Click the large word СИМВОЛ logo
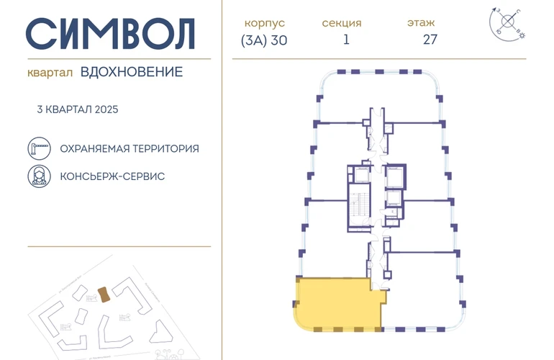tap(112, 32)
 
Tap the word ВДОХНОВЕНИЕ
tap(132, 71)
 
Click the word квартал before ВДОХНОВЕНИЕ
tap(49, 72)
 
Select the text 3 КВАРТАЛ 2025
tap(77, 109)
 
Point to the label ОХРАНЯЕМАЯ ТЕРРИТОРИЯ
tap(130, 148)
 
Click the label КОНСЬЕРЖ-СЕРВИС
tap(113, 176)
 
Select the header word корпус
tap(264, 22)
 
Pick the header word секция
tap(342, 22)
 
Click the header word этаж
tap(420, 22)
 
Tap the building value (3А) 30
tap(264, 40)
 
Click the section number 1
tap(346, 40)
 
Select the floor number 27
tap(430, 40)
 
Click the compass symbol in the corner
tap(508, 21)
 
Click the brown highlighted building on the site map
tap(104, 294)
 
